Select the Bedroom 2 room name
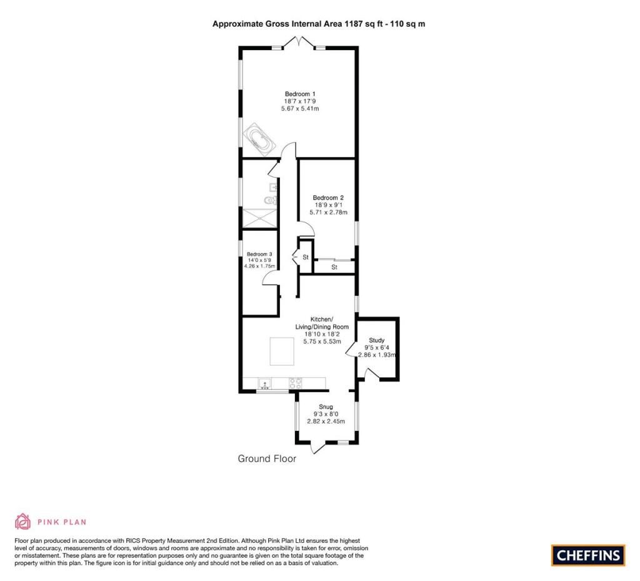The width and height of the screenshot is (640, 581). coord(328,198)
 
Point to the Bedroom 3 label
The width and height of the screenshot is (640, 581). coord(259,254)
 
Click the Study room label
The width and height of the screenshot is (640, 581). coord(377,340)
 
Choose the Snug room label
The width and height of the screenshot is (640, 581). coord(326,407)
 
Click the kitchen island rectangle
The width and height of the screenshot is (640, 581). coord(282,351)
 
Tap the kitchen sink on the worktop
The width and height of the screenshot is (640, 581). coord(265,384)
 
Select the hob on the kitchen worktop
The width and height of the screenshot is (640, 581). coord(296,383)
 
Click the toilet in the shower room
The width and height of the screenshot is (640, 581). coord(271,201)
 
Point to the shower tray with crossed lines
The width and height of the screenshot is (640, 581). coord(259,218)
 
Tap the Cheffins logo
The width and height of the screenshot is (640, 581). coord(588,555)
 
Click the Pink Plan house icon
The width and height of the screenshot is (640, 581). coord(23,522)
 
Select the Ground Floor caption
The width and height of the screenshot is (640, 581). coord(267,458)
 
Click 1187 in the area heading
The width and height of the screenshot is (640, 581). coord(354,24)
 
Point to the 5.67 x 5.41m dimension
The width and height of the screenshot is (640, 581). coord(300,109)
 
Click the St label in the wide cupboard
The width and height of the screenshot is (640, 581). coord(334,267)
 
